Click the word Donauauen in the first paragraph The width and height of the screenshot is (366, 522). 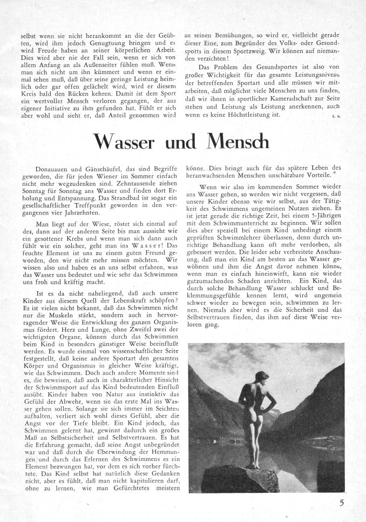point(52,169)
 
